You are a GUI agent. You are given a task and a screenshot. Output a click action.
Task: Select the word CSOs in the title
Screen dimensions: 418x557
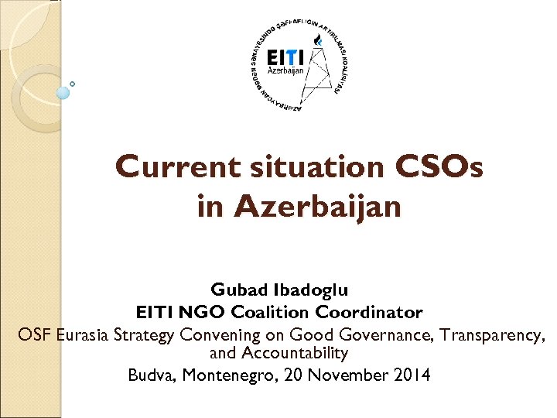pos(439,167)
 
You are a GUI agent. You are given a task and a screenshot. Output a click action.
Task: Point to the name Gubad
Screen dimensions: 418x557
pos(240,290)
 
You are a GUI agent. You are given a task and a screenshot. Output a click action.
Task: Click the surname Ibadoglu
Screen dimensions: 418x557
pos(311,290)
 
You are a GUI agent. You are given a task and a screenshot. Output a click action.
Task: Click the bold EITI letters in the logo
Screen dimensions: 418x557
pos(285,58)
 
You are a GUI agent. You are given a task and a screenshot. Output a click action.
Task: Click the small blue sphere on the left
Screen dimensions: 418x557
pos(63,92)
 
